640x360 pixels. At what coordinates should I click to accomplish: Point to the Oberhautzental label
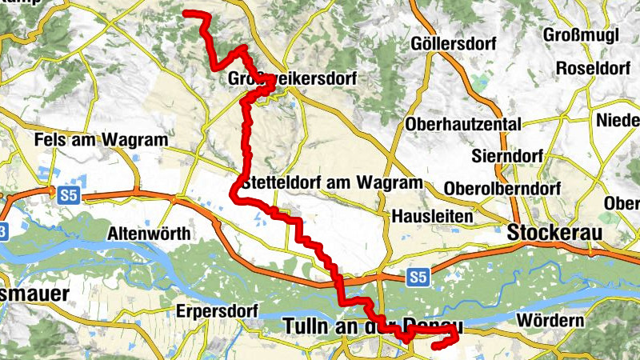point(463,124)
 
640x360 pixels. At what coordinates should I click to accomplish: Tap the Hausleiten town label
point(433,216)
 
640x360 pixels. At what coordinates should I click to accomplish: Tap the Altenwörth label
point(150,234)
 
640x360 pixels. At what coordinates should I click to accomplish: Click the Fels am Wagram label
point(102,139)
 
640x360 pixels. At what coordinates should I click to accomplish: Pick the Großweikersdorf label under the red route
point(292,80)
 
